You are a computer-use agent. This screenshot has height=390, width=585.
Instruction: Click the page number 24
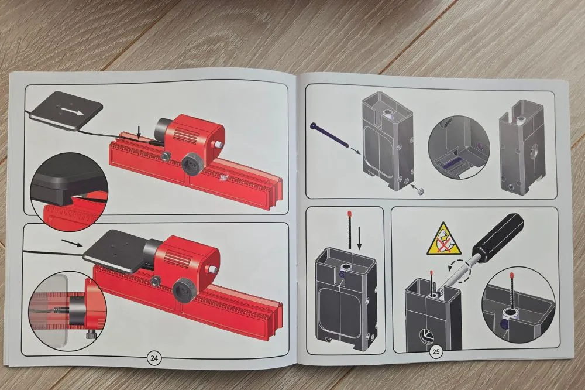154,358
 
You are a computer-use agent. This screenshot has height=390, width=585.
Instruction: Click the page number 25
436,351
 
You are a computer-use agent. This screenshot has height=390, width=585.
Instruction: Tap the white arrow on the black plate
73,111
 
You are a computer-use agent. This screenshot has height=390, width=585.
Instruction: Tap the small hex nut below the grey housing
420,191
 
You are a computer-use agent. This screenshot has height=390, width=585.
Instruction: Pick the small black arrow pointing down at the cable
139,132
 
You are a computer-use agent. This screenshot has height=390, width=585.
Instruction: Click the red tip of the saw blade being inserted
350,213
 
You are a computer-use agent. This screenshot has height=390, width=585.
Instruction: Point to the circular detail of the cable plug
67,310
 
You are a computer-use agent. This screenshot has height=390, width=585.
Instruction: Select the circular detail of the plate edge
70,191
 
